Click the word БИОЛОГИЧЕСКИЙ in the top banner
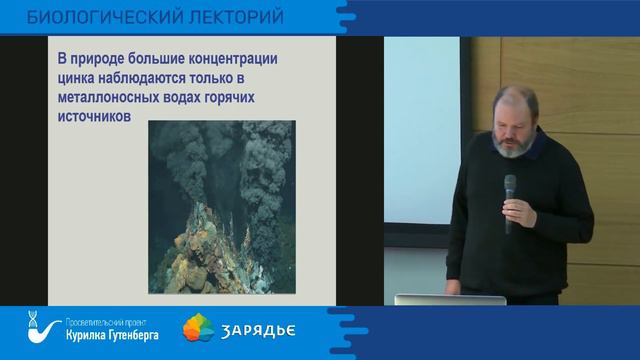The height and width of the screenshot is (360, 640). pos(100,18)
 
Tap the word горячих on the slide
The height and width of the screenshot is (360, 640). pos(243,102)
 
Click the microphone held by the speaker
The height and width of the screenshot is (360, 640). pos(510,195)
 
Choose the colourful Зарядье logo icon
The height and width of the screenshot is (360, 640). pos(198,329)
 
